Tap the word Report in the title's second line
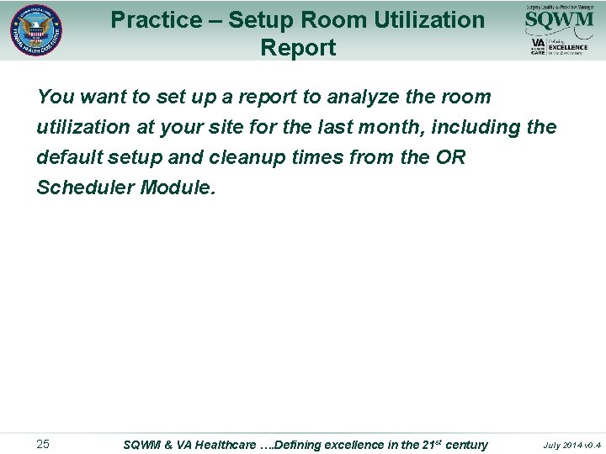(298, 48)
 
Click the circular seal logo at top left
(35, 30)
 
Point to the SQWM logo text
(559, 19)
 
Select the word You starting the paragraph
(55, 97)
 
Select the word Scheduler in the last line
(84, 187)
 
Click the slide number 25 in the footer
(43, 444)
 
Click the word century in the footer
(466, 444)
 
